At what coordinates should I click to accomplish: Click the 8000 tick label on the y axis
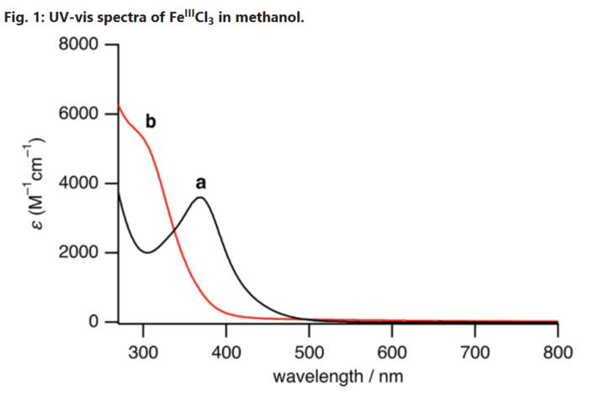tap(81, 45)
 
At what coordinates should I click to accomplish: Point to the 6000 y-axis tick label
tap(81, 114)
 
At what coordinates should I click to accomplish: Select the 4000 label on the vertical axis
tap(81, 184)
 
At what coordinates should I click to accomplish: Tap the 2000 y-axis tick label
tap(81, 253)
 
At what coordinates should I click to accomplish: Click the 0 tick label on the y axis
tap(95, 322)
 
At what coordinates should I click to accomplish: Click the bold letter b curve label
tap(151, 122)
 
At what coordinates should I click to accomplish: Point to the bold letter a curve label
tap(200, 182)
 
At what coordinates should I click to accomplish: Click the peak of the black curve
tap(200, 198)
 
